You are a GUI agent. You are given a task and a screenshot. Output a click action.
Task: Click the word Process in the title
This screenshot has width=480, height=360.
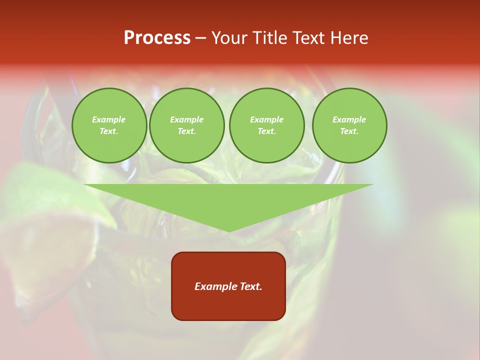click(157, 38)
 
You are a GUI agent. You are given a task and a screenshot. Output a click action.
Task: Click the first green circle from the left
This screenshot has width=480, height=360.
click(109, 125)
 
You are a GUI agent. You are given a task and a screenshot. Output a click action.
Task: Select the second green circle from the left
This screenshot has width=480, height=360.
click(187, 125)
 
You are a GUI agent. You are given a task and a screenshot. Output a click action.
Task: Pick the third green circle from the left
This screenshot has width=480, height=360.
click(267, 125)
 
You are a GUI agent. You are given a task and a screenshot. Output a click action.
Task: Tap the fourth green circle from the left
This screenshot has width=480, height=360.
click(349, 125)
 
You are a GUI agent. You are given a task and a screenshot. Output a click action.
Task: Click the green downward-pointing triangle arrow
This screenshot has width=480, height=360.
click(228, 202)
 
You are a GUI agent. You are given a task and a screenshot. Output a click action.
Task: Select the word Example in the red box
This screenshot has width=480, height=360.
click(215, 286)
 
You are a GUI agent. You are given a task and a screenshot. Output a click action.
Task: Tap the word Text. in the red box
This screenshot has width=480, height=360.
click(251, 286)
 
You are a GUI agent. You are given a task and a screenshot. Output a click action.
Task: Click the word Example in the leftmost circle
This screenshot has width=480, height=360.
click(109, 119)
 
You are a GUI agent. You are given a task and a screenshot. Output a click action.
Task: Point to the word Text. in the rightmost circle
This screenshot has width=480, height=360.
click(349, 131)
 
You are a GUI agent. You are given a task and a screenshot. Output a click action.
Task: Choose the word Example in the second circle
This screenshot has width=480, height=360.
click(187, 119)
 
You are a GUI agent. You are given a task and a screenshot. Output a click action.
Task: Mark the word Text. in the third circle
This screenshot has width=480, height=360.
click(267, 131)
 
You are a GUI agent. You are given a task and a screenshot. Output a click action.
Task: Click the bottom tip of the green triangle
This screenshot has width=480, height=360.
click(229, 230)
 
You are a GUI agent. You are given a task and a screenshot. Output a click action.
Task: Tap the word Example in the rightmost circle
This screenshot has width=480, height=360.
click(349, 119)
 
